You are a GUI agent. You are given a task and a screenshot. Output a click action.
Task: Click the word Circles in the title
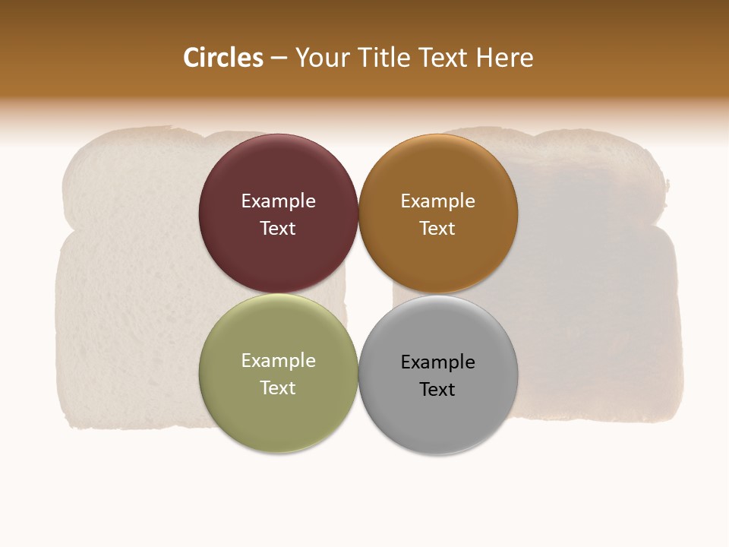pyautogui.click(x=223, y=58)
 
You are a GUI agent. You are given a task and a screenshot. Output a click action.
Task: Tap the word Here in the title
pyautogui.click(x=504, y=58)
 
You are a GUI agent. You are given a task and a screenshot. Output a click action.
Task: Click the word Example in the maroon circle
pyautogui.click(x=278, y=201)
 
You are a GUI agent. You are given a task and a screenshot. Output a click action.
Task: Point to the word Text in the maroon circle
pyautogui.click(x=278, y=229)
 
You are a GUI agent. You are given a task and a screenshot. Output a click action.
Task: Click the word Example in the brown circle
pyautogui.click(x=437, y=201)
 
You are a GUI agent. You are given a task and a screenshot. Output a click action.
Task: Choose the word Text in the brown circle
pyautogui.click(x=437, y=229)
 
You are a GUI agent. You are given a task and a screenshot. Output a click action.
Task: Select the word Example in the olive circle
pyautogui.click(x=278, y=361)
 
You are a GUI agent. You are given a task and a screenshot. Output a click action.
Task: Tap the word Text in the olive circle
pyautogui.click(x=278, y=388)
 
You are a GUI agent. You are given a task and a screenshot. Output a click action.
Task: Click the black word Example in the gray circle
pyautogui.click(x=437, y=362)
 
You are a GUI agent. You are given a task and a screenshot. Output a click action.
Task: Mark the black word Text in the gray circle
pyautogui.click(x=437, y=390)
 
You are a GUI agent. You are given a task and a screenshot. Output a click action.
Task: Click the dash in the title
pyautogui.click(x=279, y=58)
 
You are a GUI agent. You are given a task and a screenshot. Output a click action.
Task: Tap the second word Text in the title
pyautogui.click(x=443, y=58)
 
